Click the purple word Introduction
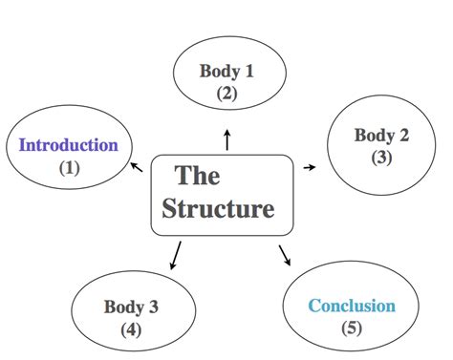pyautogui.click(x=69, y=146)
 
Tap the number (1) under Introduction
pyautogui.click(x=70, y=168)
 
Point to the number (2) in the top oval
pyautogui.click(x=226, y=93)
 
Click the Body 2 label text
pyautogui.click(x=381, y=135)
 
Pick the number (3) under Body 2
pyautogui.click(x=382, y=158)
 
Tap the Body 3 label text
pyautogui.click(x=131, y=307)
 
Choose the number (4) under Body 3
pyautogui.click(x=132, y=329)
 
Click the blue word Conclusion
pyautogui.click(x=351, y=307)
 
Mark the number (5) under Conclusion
pyautogui.click(x=352, y=329)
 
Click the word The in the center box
pyautogui.click(x=198, y=177)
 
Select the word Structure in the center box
pyautogui.click(x=218, y=208)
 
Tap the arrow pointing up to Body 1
pyautogui.click(x=226, y=139)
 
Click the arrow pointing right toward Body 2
pyautogui.click(x=309, y=167)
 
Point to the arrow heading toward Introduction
pyautogui.click(x=137, y=168)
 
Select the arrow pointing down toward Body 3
pyautogui.click(x=176, y=255)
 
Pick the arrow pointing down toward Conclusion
pyautogui.click(x=285, y=254)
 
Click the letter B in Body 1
pyautogui.click(x=205, y=70)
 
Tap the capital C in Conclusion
pyautogui.click(x=313, y=307)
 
